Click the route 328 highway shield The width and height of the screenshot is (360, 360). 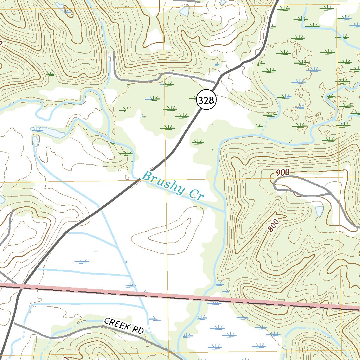pyautogui.click(x=206, y=101)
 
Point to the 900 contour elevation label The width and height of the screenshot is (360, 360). pyautogui.click(x=282, y=172)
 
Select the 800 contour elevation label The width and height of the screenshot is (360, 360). pyautogui.click(x=273, y=225)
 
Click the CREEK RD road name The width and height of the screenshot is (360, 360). pyautogui.click(x=124, y=326)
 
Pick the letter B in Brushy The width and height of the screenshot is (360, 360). pyautogui.click(x=146, y=175)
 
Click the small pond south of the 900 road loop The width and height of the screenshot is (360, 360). pyautogui.click(x=319, y=211)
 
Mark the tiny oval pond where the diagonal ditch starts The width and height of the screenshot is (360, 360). pyautogui.click(x=36, y=141)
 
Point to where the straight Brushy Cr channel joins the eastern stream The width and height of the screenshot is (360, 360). pyautogui.click(x=224, y=211)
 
